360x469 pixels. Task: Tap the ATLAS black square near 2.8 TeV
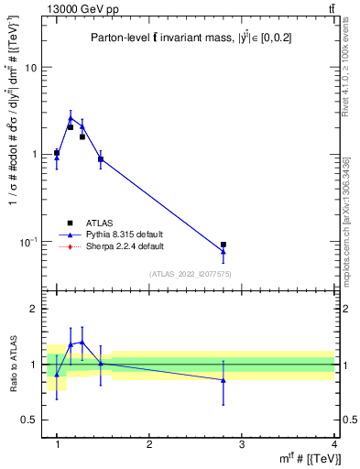(224, 245)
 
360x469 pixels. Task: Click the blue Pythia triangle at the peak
(71, 117)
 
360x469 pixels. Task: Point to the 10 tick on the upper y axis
(30, 68)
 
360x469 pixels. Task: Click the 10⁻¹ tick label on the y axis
(27, 241)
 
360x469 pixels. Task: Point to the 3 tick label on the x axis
(241, 444)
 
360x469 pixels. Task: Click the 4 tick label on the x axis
(333, 444)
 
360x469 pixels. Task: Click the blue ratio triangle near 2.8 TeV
(224, 379)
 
